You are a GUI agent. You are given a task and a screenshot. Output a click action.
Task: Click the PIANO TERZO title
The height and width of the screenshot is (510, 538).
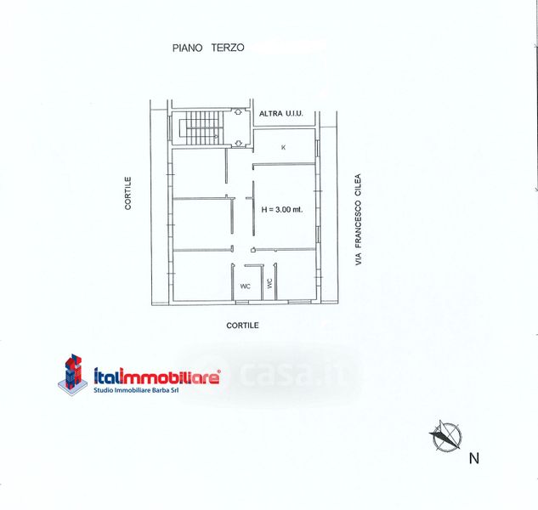[208, 48]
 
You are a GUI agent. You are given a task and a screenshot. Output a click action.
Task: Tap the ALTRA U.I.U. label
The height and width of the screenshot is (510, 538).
[281, 113]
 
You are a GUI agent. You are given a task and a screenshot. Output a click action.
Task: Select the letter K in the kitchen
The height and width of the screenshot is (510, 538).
[283, 147]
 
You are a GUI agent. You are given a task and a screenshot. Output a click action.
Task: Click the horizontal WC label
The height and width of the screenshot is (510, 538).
[245, 286]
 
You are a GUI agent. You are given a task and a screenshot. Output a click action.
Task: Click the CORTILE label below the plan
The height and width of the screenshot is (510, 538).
[242, 326]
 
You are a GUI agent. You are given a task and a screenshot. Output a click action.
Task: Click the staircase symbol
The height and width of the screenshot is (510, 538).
[199, 128]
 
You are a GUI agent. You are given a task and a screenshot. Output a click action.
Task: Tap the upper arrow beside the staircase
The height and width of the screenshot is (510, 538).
[239, 112]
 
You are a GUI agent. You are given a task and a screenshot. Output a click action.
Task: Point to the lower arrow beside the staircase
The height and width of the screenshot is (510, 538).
[239, 143]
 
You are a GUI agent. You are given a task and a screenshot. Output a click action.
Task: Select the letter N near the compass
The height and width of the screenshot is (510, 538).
[474, 459]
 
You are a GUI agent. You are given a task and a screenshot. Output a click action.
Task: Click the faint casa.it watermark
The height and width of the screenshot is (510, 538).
[289, 375]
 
